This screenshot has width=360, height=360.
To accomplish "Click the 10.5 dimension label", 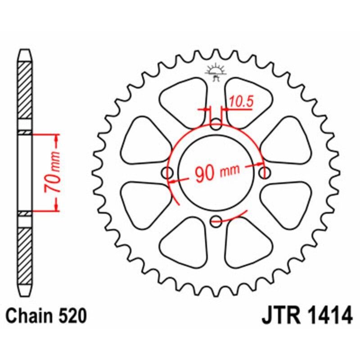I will coord(241,102).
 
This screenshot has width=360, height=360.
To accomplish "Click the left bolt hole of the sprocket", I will coord(169,173).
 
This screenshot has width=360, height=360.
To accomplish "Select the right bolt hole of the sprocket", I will coord(265,173).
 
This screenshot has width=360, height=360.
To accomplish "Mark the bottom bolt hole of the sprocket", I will coord(216,220).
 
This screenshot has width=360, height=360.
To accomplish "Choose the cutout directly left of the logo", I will coord(186,100).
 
